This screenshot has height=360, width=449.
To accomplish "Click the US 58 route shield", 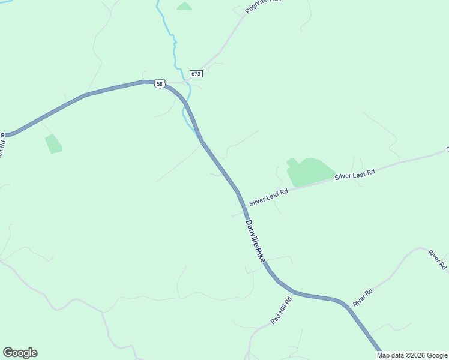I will pos(159,84).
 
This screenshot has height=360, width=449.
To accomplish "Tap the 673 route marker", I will pos(196,74).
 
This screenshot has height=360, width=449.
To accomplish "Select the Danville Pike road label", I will pos(255,241).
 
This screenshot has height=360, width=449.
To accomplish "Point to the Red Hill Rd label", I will pos(281,310).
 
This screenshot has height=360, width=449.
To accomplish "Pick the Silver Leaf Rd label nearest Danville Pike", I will pos(269,197).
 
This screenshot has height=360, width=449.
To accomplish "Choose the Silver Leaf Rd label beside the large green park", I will pos(355,175).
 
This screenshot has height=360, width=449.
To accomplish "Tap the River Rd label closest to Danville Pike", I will pos(363,298).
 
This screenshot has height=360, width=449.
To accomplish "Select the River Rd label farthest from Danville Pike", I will pos(438,259).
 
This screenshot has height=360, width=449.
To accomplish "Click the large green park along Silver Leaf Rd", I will pos(308,172).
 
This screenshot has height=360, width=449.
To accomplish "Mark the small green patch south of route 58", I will pos(53,143).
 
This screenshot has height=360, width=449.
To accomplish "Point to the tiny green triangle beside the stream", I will pos(184,7).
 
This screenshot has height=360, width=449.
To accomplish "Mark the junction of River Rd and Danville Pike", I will pos(346,306).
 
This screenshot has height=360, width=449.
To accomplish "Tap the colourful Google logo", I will pos(20,353).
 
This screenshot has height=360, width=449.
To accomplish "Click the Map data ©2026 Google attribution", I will pos(412,355).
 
